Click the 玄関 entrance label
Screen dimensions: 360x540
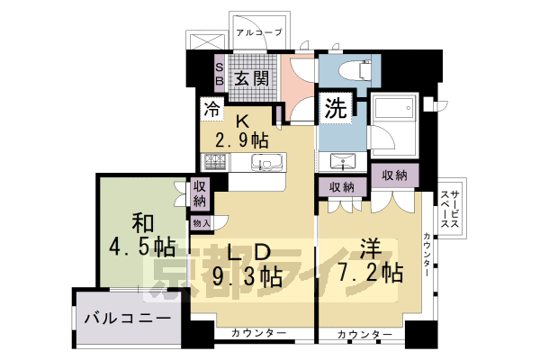[x=252, y=78]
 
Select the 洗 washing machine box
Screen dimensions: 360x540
[x=335, y=109]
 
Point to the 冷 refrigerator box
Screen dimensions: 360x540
[x=211, y=110]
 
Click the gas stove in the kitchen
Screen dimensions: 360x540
[x=215, y=163]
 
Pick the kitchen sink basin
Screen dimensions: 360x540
[x=267, y=163]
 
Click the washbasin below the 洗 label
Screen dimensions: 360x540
[x=342, y=162]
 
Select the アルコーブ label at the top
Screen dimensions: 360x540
[x=259, y=32]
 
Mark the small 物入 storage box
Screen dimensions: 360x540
[x=201, y=222]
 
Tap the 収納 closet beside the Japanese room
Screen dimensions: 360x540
[x=200, y=195]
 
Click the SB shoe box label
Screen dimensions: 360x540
[x=218, y=71]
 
